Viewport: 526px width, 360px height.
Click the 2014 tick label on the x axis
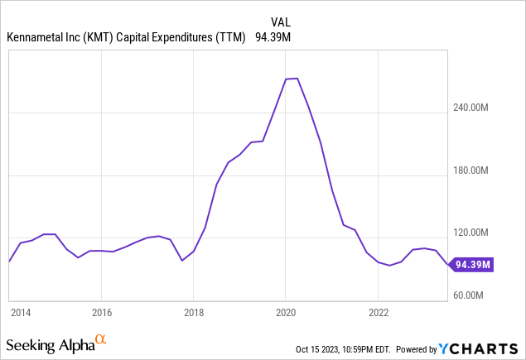(x=20, y=312)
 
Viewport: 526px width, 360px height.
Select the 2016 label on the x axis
(x=101, y=312)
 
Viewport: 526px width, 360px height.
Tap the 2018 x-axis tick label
(x=193, y=312)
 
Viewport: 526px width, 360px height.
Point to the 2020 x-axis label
(x=286, y=312)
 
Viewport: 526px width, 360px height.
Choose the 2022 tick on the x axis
(x=378, y=312)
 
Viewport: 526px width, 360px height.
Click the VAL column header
(x=282, y=21)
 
